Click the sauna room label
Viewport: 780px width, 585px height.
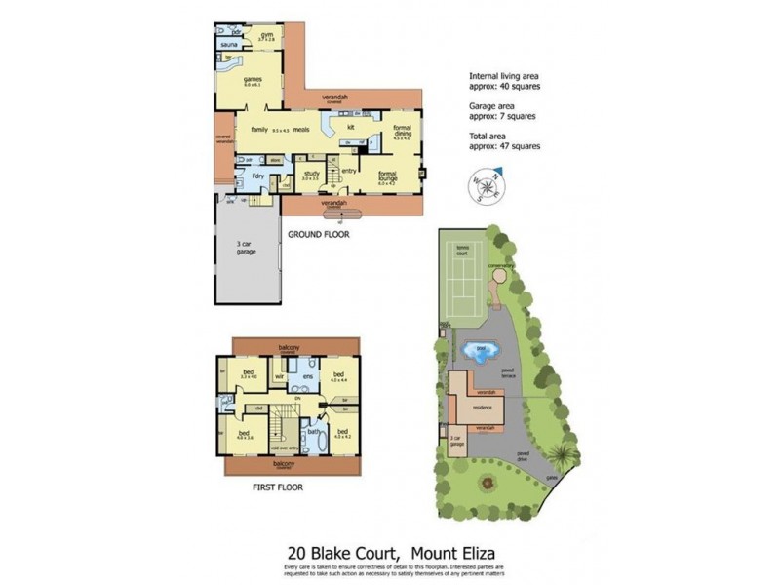click(x=230, y=45)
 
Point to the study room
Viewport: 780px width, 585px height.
click(x=310, y=174)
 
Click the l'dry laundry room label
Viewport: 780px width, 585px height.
click(x=257, y=175)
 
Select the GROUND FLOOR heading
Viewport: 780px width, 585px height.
click(x=317, y=235)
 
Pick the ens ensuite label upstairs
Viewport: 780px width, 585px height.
click(x=306, y=376)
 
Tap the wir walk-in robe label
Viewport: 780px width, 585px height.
click(x=279, y=375)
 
